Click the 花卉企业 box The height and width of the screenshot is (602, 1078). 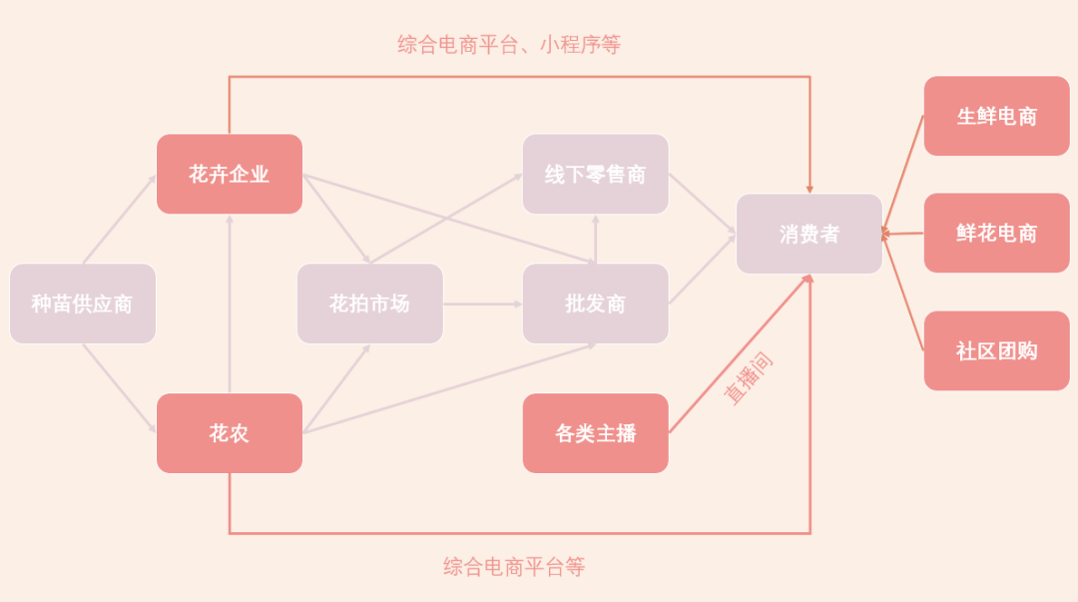(x=230, y=174)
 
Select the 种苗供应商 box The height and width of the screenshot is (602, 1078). (x=83, y=303)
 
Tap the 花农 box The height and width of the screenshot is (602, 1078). (x=230, y=433)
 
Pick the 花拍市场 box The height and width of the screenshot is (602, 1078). (x=370, y=303)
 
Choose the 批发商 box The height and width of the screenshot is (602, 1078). (x=596, y=303)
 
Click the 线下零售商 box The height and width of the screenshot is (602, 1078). (x=596, y=174)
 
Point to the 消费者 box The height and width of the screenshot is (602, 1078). (x=809, y=234)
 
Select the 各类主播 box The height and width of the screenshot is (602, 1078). (x=596, y=433)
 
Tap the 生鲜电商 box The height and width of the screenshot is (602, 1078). (x=997, y=116)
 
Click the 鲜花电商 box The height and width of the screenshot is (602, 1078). (x=997, y=233)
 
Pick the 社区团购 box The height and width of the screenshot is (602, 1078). (x=997, y=350)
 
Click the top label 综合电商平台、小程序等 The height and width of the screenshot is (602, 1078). (x=509, y=45)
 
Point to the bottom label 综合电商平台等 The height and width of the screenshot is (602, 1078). (x=514, y=567)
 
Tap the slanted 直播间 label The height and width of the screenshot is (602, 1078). (x=749, y=378)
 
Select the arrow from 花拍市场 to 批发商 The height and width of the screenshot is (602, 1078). (x=482, y=303)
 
